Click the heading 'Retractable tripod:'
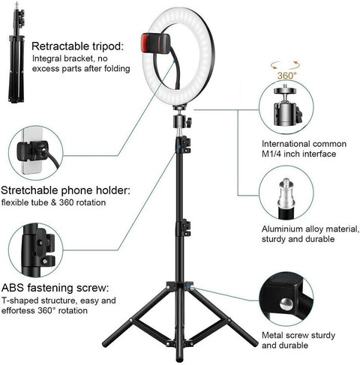(x=78, y=46)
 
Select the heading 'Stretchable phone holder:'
(x=65, y=190)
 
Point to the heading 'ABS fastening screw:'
(x=55, y=288)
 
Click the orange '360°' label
(x=286, y=76)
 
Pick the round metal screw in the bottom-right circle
(x=286, y=304)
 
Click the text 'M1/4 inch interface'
(x=298, y=154)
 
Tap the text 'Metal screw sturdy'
(x=298, y=335)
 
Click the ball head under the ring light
(x=182, y=121)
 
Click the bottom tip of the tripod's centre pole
(x=179, y=360)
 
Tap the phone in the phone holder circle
(x=31, y=151)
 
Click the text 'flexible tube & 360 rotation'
(x=53, y=202)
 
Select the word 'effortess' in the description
(x=18, y=311)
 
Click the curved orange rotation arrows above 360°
(x=285, y=64)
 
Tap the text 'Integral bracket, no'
(x=70, y=58)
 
